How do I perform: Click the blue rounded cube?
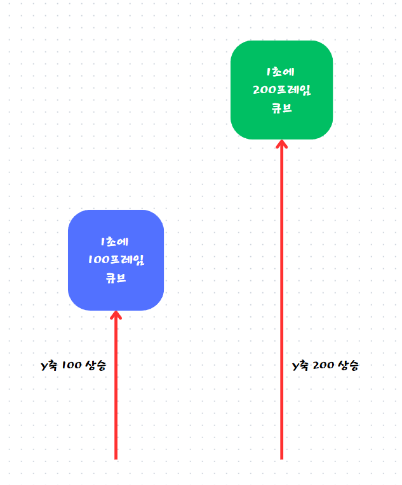(116, 260)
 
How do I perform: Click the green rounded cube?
(282, 89)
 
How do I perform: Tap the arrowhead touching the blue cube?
(116, 316)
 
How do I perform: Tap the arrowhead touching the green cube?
(282, 145)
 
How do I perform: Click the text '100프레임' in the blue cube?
(116, 260)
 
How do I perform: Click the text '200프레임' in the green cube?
(282, 90)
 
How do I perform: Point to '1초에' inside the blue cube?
(114, 242)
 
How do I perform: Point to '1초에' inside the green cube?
(281, 72)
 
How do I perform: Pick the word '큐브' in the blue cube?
(116, 278)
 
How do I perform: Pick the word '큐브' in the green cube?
(282, 108)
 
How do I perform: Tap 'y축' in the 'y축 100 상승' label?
(50, 366)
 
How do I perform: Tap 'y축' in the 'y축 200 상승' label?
(300, 366)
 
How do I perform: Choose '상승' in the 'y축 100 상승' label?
(96, 366)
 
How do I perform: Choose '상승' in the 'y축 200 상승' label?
(348, 366)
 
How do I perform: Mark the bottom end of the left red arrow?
(116, 460)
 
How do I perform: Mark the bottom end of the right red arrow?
(282, 460)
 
